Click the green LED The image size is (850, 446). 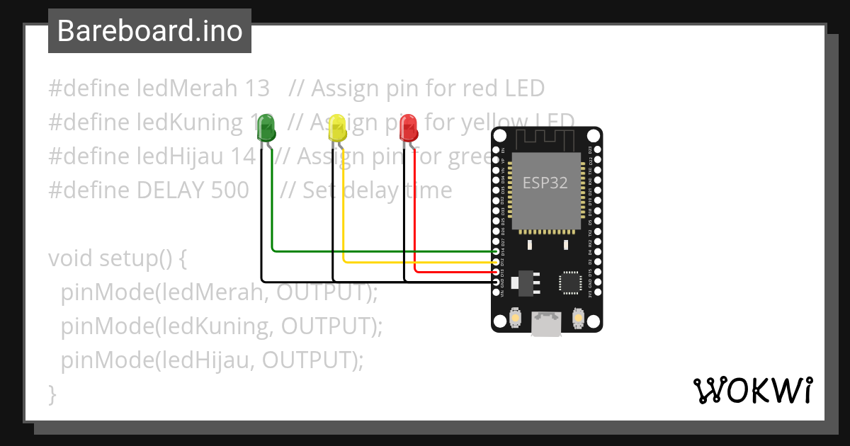click(x=267, y=128)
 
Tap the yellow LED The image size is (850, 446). click(x=338, y=128)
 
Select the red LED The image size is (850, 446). click(x=409, y=128)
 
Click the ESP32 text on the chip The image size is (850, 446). click(x=545, y=183)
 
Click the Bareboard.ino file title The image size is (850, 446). click(x=149, y=31)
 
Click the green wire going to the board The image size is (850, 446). click(x=382, y=251)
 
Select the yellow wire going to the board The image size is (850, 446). click(x=418, y=262)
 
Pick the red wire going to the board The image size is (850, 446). click(x=453, y=272)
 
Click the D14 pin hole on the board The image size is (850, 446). click(x=496, y=251)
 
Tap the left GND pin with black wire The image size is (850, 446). click(x=496, y=282)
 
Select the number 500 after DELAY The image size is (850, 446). click(x=230, y=190)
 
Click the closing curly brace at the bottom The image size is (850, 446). click(x=52, y=393)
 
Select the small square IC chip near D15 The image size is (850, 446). click(x=570, y=281)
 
